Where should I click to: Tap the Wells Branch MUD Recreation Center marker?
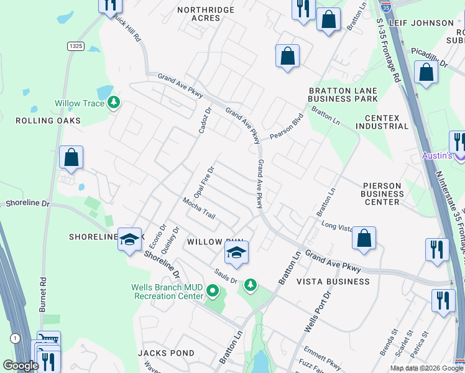213,290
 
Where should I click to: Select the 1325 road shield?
76,46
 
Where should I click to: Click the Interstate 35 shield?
387,7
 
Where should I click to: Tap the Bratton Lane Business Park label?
343,94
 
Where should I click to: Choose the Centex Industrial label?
382,122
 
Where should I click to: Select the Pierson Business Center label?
382,193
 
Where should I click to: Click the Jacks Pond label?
167,353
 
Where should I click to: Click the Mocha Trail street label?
199,209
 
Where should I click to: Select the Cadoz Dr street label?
204,119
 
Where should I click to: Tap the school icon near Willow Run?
236,252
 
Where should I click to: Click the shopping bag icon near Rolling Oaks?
71,157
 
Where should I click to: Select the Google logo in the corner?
21,366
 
